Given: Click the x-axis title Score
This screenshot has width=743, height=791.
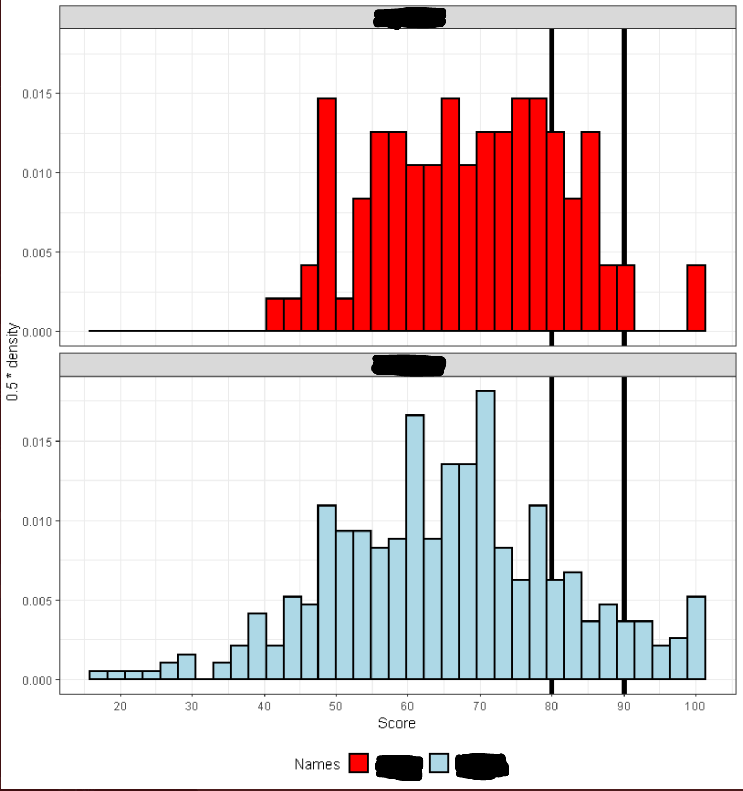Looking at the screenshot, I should click(396, 723).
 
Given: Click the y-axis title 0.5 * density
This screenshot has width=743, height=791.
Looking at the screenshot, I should click(12, 362).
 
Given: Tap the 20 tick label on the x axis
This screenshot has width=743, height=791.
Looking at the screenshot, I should click(120, 706).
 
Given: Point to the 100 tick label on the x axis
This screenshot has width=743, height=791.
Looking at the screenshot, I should click(695, 706).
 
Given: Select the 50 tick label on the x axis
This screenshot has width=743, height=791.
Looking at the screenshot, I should click(336, 706).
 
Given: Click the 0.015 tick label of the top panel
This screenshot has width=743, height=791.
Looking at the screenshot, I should click(37, 94).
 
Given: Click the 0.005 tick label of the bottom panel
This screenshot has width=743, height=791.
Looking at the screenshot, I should click(37, 601).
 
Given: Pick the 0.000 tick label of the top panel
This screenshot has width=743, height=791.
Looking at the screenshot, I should click(37, 332).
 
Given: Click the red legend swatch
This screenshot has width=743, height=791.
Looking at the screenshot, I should click(359, 763).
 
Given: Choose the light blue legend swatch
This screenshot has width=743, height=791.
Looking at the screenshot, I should click(439, 763).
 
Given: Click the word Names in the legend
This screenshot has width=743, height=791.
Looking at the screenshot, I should click(317, 764).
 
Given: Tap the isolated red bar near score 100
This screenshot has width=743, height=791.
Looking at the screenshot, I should click(696, 298).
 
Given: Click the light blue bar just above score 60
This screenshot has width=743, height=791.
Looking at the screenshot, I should click(415, 547).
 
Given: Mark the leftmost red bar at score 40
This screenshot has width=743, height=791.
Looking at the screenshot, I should click(274, 315).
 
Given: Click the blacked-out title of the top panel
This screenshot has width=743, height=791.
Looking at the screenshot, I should click(409, 18).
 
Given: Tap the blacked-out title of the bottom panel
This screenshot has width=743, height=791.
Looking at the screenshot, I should click(408, 365).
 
